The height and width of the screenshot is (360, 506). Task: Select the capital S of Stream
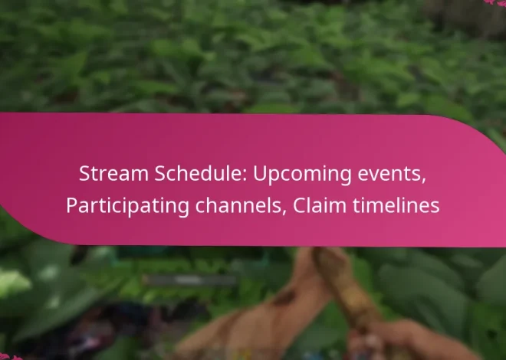pos(84,174)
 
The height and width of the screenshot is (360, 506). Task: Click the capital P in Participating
pos(71,206)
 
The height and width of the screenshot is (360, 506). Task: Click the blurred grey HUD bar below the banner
pos(188,280)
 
